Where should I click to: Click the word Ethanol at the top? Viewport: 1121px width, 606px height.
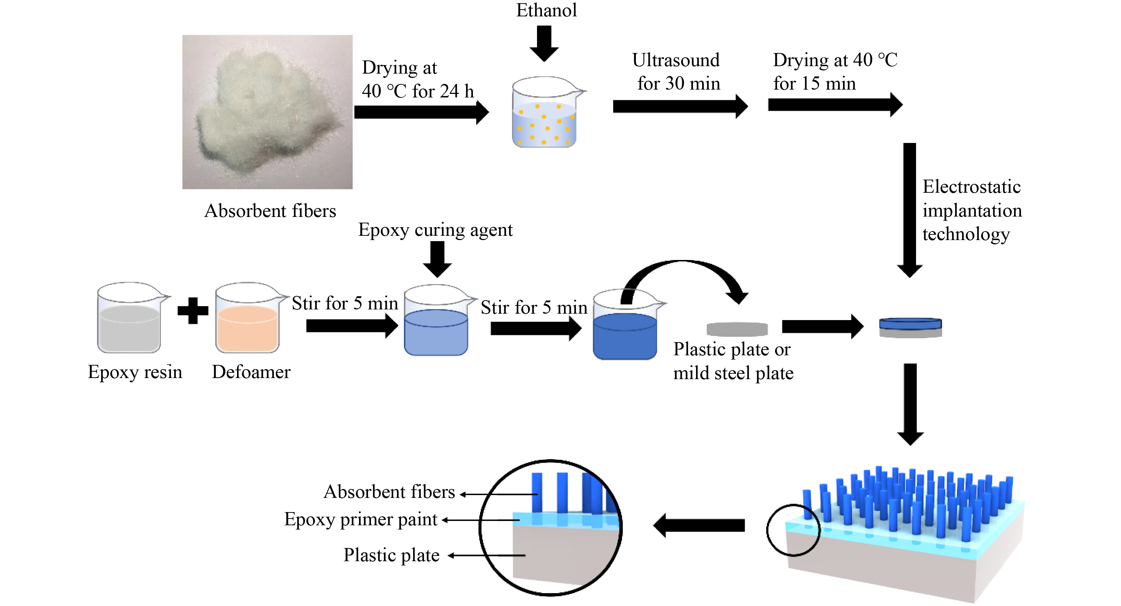[546, 10]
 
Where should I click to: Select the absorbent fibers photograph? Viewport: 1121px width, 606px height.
[267, 112]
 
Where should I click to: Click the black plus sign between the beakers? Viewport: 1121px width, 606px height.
[193, 310]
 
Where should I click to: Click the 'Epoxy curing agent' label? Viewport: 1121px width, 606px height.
[435, 230]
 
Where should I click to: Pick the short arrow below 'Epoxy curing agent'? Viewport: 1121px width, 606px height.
[437, 259]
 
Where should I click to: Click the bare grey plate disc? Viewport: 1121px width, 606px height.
[737, 329]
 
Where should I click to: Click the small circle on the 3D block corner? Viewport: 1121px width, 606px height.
[793, 530]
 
